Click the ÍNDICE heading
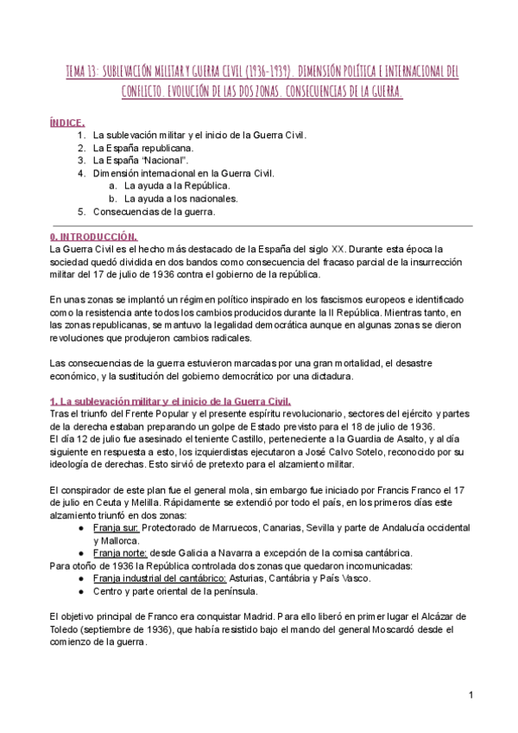coord(67,123)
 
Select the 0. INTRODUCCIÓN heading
coord(93,235)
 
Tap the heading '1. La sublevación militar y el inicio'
coord(170,400)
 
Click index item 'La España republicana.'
coord(142,148)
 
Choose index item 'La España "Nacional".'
coord(138,161)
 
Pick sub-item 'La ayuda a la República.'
coord(176,186)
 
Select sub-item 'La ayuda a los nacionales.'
coord(180,198)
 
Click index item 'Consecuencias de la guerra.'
coord(154,211)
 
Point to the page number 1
coord(471,696)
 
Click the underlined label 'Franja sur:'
coord(116,527)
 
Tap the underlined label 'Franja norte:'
coord(119,552)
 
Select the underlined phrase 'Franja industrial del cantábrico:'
coord(159,577)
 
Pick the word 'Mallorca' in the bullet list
coord(112,540)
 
